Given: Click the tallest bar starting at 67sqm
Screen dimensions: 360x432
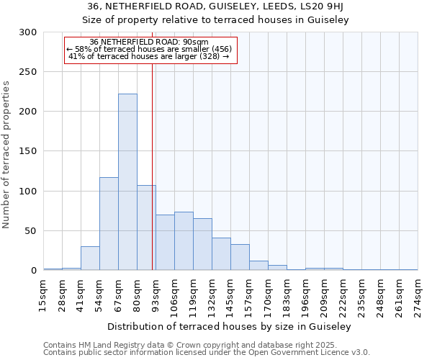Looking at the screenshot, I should (x=127, y=182).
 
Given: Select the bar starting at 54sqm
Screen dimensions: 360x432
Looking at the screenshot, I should (x=109, y=224).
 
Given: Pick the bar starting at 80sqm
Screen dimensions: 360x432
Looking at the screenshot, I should (x=146, y=228).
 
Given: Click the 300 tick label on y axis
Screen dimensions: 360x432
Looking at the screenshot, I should (x=28, y=32).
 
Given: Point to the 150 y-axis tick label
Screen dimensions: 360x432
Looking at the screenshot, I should (x=28, y=152).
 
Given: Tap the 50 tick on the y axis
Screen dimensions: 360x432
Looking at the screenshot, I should (x=31, y=231).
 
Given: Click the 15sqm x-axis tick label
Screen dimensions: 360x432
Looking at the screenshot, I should (x=44, y=295).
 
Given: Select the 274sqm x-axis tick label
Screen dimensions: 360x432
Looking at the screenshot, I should (x=418, y=295).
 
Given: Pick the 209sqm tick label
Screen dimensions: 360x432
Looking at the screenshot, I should (x=324, y=295).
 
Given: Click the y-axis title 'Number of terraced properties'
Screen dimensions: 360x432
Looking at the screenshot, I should (x=6, y=155).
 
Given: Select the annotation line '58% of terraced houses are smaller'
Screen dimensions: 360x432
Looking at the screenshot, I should (x=149, y=49).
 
